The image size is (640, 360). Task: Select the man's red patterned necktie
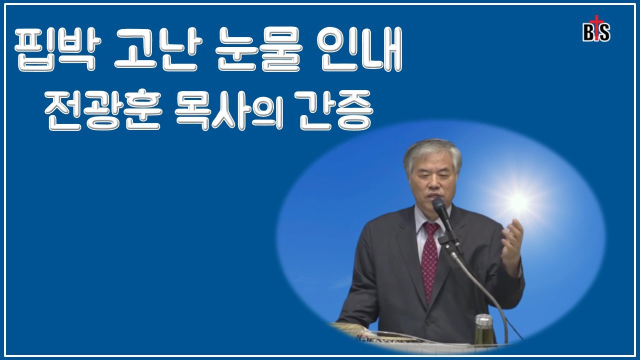point(429,260)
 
